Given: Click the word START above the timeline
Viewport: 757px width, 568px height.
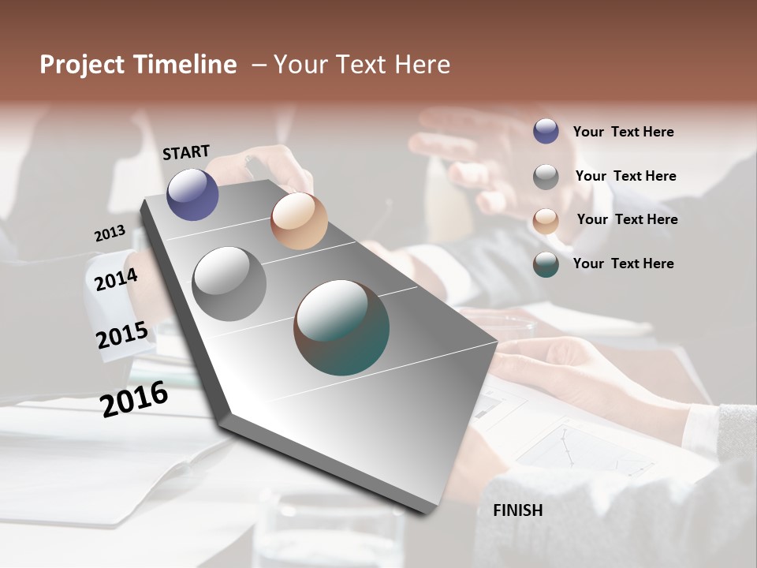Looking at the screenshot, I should click(x=186, y=152).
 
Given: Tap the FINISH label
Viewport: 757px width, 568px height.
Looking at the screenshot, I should click(x=517, y=510).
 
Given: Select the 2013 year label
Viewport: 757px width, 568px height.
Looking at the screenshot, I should click(x=110, y=234).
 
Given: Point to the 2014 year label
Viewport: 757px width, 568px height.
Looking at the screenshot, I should click(x=116, y=279).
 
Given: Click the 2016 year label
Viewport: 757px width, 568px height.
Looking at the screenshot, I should click(x=134, y=398).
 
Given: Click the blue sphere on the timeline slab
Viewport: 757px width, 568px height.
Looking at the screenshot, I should click(x=192, y=194).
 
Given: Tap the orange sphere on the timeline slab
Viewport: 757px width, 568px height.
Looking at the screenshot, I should click(x=299, y=221).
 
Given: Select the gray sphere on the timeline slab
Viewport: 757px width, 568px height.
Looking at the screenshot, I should click(x=229, y=284).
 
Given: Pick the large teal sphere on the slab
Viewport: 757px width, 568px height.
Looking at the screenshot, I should click(x=341, y=327).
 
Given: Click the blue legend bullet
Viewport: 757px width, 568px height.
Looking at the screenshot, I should click(x=546, y=131).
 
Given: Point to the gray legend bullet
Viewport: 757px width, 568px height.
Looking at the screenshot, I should click(x=546, y=177).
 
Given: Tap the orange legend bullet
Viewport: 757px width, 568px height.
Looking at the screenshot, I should click(x=546, y=221).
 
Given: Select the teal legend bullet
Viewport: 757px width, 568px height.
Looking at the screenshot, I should click(x=546, y=264).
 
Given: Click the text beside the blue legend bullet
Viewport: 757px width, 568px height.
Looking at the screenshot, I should click(x=623, y=132).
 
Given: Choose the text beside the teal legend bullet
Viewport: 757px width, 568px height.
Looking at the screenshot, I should click(x=623, y=263).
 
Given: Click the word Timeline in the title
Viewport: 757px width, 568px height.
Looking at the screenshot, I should click(x=185, y=65).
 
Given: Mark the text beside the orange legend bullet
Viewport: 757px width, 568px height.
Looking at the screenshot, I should click(x=627, y=219).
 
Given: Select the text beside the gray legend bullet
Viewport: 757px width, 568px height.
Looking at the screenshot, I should click(x=625, y=176).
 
